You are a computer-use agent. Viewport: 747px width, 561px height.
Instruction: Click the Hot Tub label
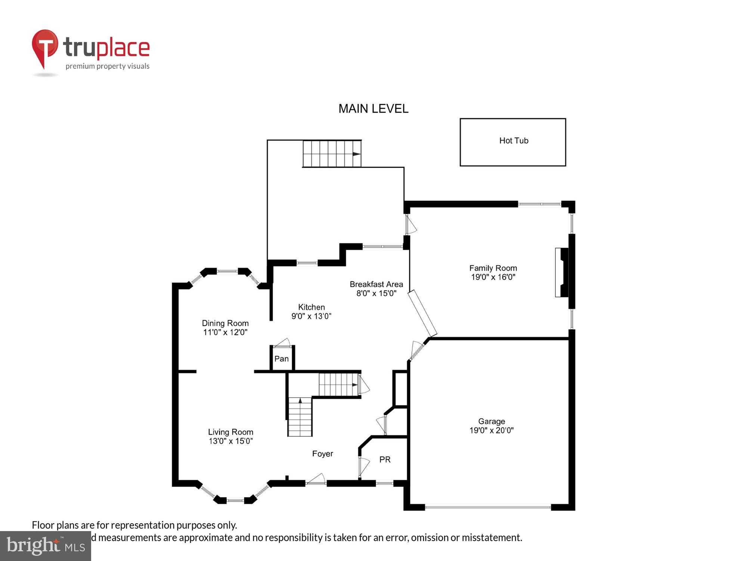coord(514,141)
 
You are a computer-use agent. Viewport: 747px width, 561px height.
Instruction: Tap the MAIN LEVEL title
coord(373,109)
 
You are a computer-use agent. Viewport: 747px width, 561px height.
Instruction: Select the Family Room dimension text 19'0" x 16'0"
coord(493,277)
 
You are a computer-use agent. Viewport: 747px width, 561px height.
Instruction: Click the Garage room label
coord(492,421)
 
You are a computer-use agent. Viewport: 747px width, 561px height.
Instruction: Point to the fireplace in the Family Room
coord(562,272)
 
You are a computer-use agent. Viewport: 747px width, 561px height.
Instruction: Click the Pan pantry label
coord(281,359)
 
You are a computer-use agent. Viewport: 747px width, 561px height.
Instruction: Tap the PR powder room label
coord(385,460)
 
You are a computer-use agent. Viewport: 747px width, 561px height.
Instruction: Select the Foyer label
coord(322,454)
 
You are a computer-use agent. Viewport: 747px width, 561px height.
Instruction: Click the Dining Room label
coord(225,323)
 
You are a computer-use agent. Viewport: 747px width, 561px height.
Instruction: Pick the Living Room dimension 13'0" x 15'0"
coord(230,441)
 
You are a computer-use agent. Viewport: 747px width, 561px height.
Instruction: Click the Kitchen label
coord(311,307)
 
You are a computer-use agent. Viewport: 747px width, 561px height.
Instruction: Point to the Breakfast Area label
coord(376,284)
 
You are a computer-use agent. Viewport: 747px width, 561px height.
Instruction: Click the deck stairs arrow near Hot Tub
coord(356,154)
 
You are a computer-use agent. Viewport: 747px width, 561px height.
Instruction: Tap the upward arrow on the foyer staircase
coord(300,401)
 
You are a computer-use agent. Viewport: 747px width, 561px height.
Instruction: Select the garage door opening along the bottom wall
coord(488,508)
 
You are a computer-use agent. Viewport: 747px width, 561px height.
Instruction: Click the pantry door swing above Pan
coord(282,343)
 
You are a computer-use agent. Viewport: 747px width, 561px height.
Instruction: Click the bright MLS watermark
coord(46,546)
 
